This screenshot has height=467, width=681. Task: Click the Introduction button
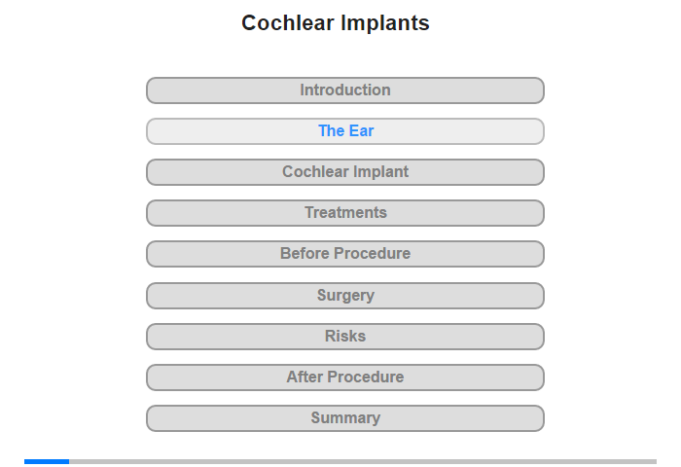(x=345, y=90)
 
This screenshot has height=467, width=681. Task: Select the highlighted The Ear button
(x=345, y=131)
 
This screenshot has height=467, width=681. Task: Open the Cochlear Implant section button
(x=345, y=172)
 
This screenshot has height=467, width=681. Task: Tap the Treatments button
(x=345, y=213)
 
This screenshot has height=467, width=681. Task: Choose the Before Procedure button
(x=345, y=254)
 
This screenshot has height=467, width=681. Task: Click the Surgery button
(x=345, y=296)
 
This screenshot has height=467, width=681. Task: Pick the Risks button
(x=345, y=337)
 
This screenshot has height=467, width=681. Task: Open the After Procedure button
(x=345, y=377)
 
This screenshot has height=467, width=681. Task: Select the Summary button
(x=345, y=418)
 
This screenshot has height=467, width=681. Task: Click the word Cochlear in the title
(x=288, y=23)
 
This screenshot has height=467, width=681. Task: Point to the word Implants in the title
(x=385, y=24)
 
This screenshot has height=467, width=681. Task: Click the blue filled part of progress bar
(x=47, y=461)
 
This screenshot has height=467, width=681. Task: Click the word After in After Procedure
(x=305, y=377)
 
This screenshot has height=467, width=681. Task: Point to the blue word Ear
(x=361, y=130)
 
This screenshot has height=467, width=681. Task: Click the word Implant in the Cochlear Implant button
(x=380, y=172)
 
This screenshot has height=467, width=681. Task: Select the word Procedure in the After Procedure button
(x=366, y=377)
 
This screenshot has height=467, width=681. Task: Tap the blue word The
(x=332, y=130)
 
